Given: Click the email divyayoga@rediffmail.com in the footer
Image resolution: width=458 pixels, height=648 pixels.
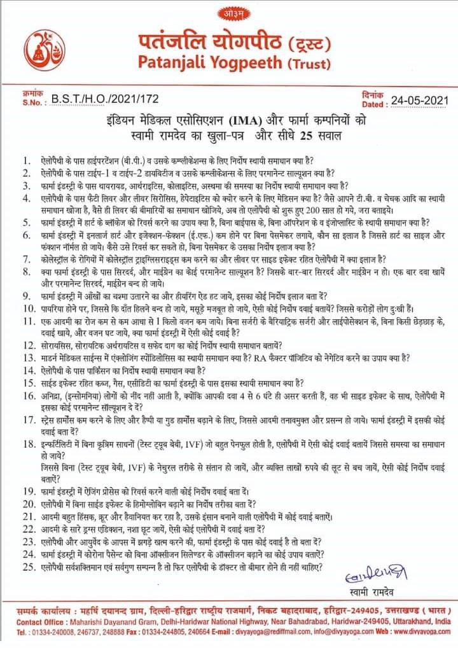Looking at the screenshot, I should tap(269, 633).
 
